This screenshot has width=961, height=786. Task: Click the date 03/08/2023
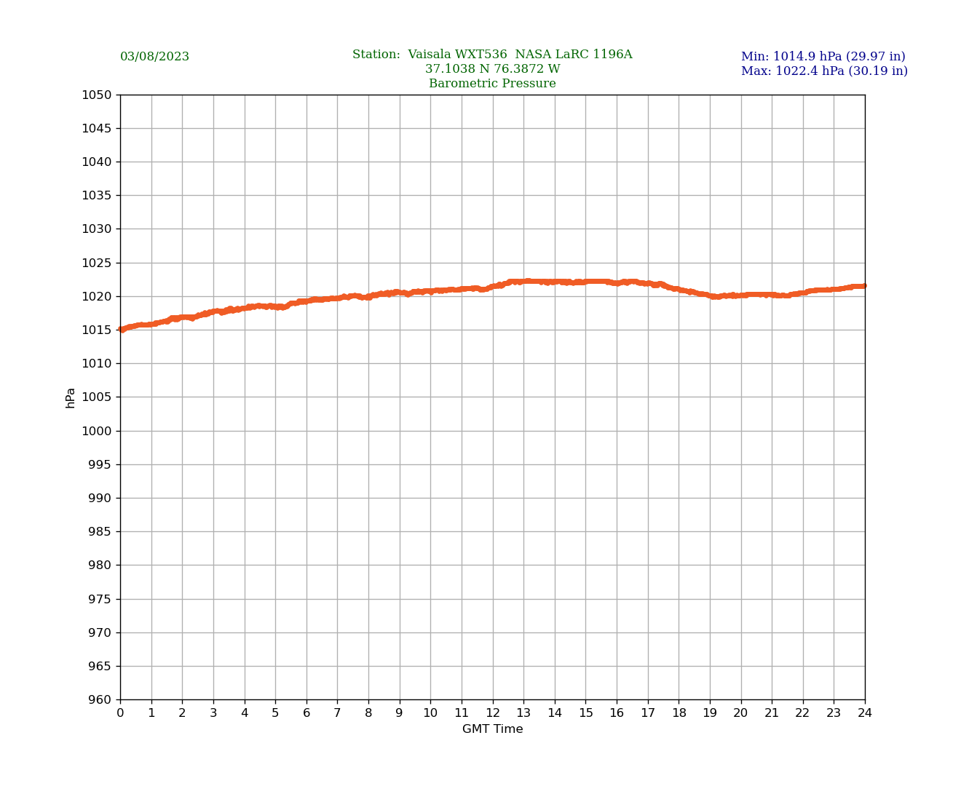[x=154, y=57]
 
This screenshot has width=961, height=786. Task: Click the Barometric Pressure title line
[x=492, y=84]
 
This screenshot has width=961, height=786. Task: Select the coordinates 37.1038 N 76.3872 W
[x=492, y=69]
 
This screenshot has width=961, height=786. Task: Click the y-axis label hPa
[x=71, y=397]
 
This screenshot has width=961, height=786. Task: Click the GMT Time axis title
[x=492, y=729]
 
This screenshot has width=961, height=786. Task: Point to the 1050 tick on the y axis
[x=97, y=95]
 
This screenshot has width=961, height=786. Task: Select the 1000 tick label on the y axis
[x=97, y=431]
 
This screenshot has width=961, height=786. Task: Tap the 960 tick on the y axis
[x=100, y=700]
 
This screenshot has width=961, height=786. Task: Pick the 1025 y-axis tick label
[x=97, y=263]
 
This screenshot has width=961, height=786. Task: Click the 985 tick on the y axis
[x=100, y=532]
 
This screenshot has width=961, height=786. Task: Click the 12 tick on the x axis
[x=492, y=713]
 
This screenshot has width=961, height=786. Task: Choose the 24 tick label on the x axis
[x=865, y=713]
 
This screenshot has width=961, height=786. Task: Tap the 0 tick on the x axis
[x=120, y=713]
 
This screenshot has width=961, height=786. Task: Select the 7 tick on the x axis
[x=337, y=713]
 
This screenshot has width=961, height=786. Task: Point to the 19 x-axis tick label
[x=710, y=713]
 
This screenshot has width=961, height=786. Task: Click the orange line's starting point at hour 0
[x=121, y=330]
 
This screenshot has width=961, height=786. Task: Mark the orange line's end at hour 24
[x=864, y=285]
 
